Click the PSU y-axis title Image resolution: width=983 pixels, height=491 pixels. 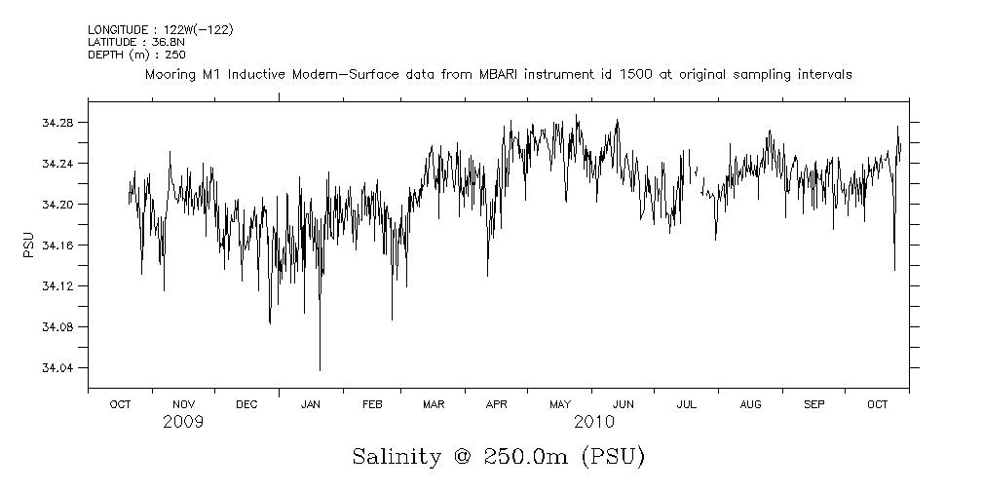point(28,245)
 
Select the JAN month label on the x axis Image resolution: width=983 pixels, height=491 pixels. point(310,404)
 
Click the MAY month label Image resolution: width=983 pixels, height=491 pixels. point(560,404)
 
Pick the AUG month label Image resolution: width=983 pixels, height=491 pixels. point(750,404)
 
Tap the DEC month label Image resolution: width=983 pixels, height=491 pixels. point(246,404)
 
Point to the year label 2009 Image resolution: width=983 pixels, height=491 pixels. point(183,423)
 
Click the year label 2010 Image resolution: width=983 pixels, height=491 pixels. point(593,423)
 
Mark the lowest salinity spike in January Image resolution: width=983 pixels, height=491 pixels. point(320,370)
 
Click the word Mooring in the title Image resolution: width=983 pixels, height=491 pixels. point(172,74)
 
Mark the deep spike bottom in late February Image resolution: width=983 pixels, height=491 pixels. point(392,320)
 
